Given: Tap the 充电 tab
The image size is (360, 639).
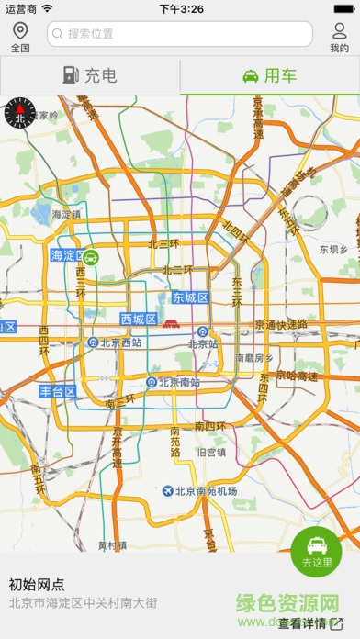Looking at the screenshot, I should (90, 75).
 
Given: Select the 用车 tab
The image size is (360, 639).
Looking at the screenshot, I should (270, 75).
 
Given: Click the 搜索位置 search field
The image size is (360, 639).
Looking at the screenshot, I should (180, 34).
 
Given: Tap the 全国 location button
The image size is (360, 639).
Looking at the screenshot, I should (20, 37).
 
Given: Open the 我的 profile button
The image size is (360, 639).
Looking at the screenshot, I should (340, 37).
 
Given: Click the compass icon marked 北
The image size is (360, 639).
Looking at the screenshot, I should (19, 113).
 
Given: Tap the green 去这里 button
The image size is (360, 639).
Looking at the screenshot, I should (316, 552).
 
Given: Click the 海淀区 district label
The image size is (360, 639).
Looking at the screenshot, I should (67, 255).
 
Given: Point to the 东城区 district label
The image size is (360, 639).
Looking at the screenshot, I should (191, 298).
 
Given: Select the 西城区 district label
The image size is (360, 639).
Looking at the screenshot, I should (139, 319).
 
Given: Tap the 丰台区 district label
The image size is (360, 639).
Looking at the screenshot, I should (57, 391).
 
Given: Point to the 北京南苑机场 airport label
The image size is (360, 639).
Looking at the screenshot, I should (199, 491).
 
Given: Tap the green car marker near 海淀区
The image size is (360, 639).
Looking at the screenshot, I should (92, 258).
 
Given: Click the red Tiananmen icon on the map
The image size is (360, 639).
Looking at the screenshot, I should (171, 322).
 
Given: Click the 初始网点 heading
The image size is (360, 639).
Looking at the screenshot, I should (37, 584).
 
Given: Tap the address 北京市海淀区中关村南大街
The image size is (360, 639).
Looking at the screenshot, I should (83, 603).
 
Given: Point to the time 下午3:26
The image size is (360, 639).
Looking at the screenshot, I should (181, 8).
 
